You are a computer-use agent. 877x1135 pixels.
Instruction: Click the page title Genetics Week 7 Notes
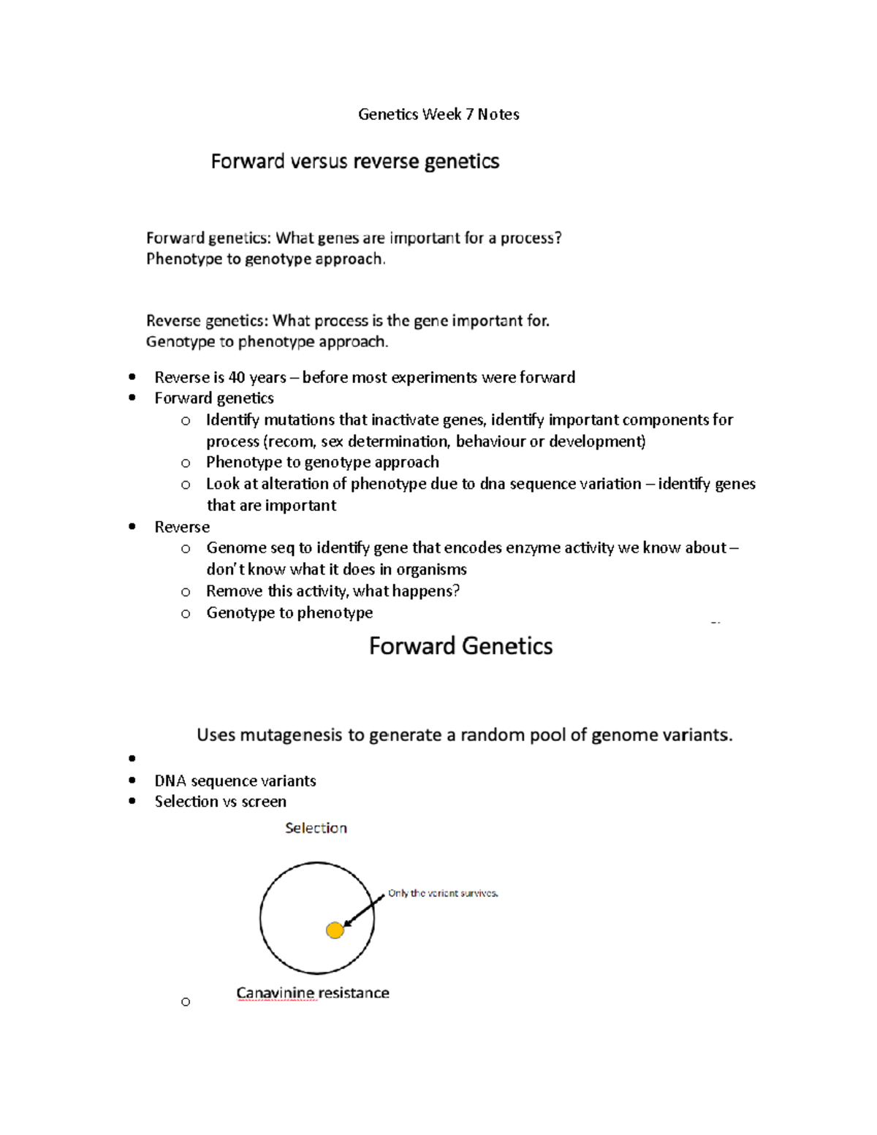[x=438, y=114]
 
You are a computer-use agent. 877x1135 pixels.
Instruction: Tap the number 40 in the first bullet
[x=237, y=377]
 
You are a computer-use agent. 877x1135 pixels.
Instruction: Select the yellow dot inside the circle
[x=335, y=930]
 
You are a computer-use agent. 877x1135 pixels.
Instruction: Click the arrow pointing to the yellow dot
[x=364, y=911]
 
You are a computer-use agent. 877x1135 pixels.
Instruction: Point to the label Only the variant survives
[x=443, y=893]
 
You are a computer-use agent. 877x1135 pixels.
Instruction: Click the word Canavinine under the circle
[x=276, y=992]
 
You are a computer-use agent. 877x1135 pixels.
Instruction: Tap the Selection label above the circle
[x=316, y=828]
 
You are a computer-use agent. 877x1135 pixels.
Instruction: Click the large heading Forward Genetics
[x=460, y=646]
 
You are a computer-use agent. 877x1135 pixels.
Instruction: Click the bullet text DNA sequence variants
[x=235, y=781]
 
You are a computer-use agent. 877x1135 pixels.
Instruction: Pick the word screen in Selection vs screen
[x=264, y=802]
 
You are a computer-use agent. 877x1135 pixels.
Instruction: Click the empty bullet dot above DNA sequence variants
[x=132, y=759]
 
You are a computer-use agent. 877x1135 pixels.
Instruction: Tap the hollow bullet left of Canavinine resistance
[x=186, y=1002]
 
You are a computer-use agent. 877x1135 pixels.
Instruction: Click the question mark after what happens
[x=456, y=591]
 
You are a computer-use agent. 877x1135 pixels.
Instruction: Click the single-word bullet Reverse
[x=182, y=527]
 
